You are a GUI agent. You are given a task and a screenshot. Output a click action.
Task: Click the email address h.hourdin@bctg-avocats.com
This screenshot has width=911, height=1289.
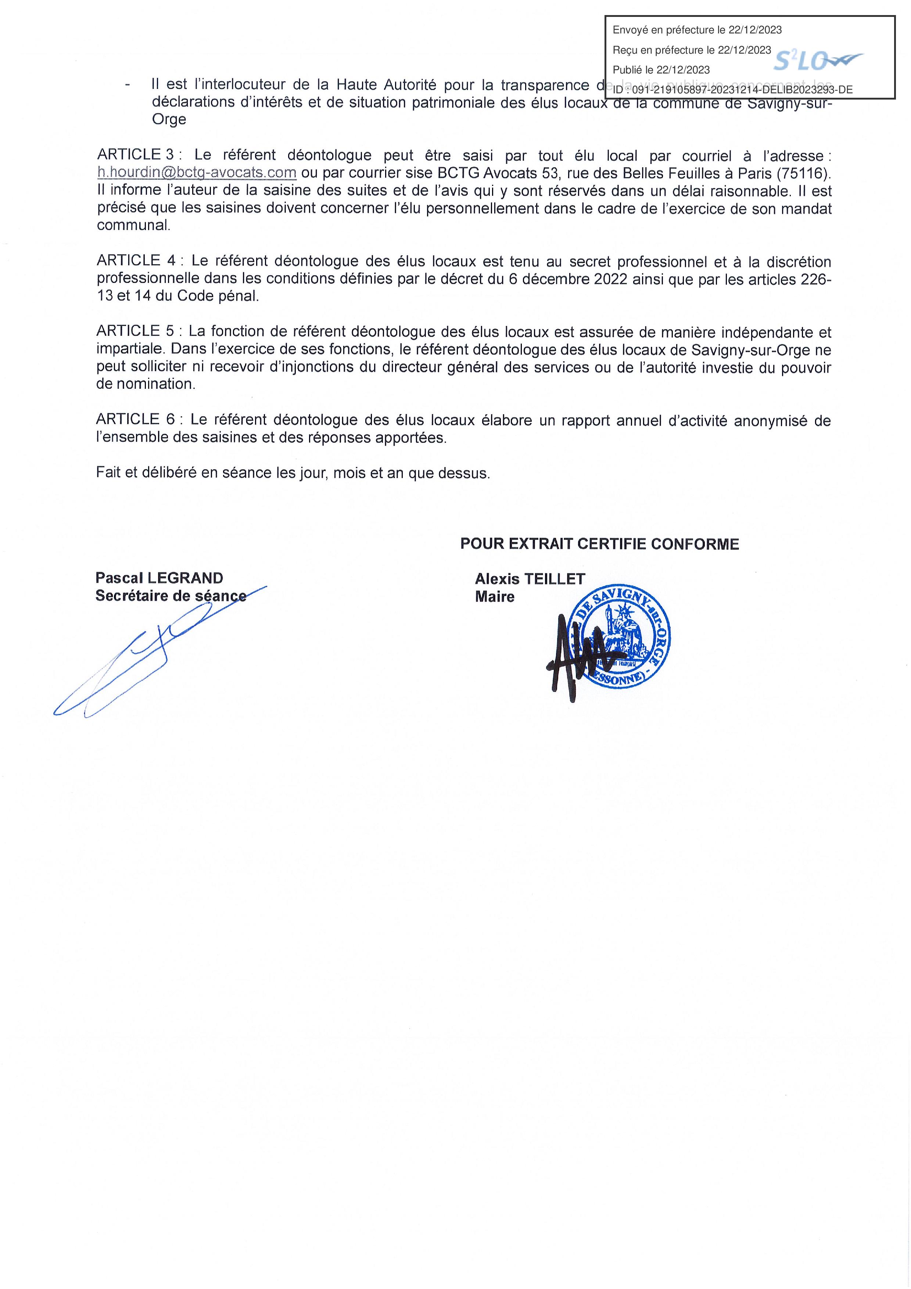pos(197,172)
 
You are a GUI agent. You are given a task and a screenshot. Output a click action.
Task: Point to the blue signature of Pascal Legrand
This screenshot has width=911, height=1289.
pos(151,657)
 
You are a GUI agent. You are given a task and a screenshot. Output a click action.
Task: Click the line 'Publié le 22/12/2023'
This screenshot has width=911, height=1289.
pos(661,70)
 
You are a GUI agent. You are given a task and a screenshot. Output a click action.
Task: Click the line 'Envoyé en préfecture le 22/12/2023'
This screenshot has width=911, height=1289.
pos(697,30)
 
